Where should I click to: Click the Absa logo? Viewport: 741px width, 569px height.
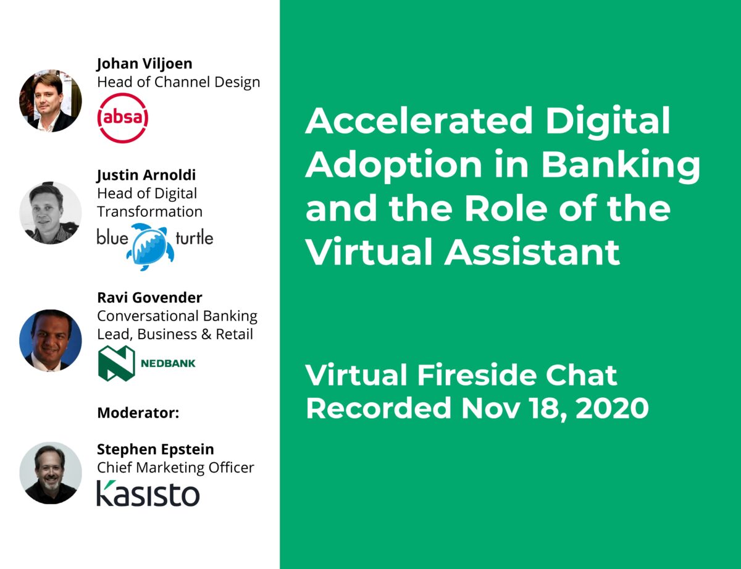click(123, 118)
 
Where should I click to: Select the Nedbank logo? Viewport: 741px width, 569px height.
click(146, 363)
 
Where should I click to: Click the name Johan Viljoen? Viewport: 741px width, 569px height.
click(144, 64)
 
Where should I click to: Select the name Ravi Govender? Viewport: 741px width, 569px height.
click(149, 297)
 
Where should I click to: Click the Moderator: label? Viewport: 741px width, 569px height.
click(138, 413)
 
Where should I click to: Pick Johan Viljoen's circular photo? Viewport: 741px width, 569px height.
click(50, 101)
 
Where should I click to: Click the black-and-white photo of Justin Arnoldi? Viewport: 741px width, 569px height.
click(50, 213)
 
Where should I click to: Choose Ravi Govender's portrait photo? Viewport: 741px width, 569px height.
click(50, 340)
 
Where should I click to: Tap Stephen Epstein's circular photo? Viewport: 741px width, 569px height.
click(50, 473)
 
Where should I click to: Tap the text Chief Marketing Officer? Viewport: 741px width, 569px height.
click(175, 468)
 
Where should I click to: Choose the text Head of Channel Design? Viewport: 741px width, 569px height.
click(178, 82)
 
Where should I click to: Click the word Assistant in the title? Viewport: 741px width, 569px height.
click(532, 251)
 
